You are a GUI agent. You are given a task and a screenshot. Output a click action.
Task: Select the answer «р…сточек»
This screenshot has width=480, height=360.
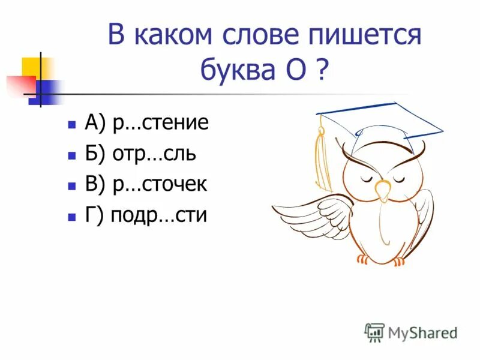coord(159,185)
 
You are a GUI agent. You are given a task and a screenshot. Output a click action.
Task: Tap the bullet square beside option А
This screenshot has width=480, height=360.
coord(71,125)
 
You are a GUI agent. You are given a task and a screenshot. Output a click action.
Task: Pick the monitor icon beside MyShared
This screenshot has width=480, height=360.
coord(374,332)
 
